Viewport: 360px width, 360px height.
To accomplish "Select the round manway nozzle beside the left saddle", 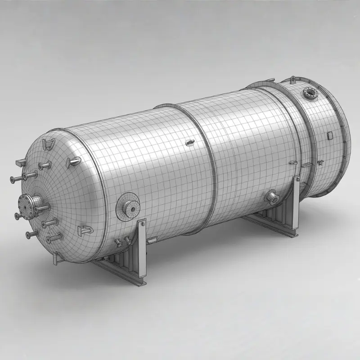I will click(129, 205).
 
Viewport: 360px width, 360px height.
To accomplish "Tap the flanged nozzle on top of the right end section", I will click(310, 93).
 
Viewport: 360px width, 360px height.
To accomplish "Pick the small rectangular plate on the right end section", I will click(329, 135).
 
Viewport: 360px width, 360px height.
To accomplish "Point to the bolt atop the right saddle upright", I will click(296, 180).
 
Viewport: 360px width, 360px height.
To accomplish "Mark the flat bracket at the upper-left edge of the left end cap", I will click(19, 162).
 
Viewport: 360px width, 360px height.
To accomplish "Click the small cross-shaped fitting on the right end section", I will click(320, 161).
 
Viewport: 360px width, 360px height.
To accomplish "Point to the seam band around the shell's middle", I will click(205, 169).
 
